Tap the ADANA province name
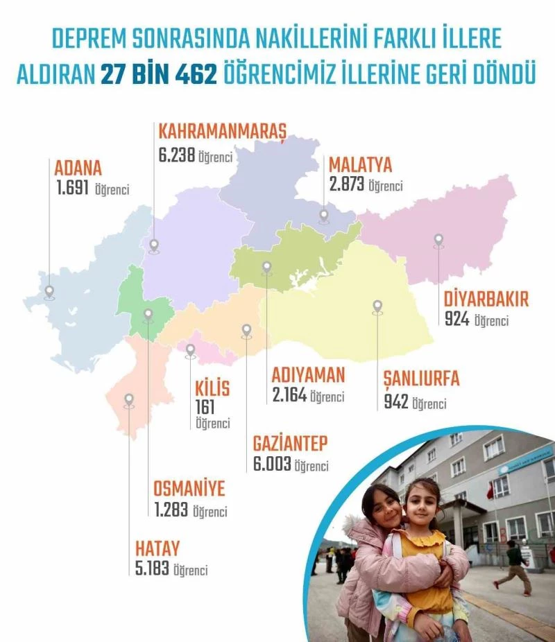point(78,168)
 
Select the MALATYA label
point(360,165)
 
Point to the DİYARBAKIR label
point(486,300)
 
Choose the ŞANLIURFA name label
point(421,381)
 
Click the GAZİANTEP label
point(290,444)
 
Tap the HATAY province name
point(157,548)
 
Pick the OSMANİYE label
point(189,489)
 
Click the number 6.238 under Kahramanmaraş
point(176,156)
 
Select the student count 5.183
point(153,571)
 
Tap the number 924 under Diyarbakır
point(457,320)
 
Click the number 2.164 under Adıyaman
point(289,396)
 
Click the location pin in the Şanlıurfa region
point(377,306)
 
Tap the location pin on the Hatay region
point(128,400)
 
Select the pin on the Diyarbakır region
point(438,240)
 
